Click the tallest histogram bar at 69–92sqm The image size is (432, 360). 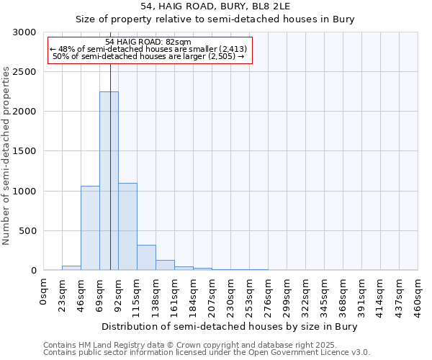pyautogui.click(x=109, y=181)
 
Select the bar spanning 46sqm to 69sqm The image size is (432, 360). pyautogui.click(x=90, y=228)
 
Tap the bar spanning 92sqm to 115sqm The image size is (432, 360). pyautogui.click(x=127, y=226)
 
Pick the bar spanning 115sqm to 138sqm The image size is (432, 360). pyautogui.click(x=146, y=257)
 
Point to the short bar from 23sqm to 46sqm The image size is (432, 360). pyautogui.click(x=71, y=268)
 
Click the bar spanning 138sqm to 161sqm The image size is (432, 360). pyautogui.click(x=165, y=265)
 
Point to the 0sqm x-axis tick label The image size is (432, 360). pyautogui.click(x=44, y=291)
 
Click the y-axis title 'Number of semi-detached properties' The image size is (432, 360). pyautogui.click(x=7, y=156)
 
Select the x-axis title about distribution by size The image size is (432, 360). pyautogui.click(x=229, y=326)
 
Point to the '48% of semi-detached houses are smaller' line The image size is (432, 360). pyautogui.click(x=148, y=49)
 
